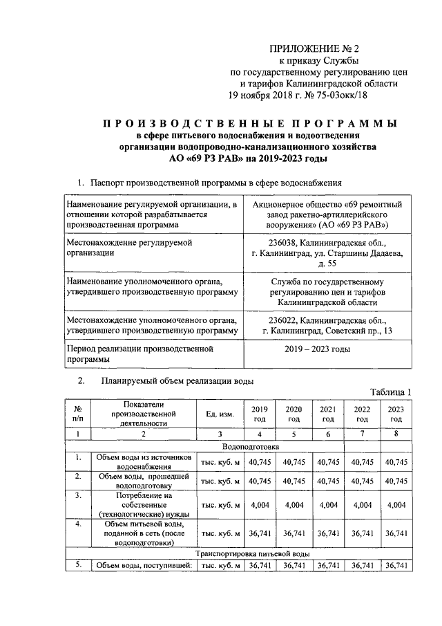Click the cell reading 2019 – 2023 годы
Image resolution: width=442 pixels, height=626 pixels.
tap(317, 349)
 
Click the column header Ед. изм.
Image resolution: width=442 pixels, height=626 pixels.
tap(220, 414)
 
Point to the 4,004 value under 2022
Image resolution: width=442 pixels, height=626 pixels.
tap(362, 505)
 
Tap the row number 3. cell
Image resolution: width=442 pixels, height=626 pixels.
tap(78, 496)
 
